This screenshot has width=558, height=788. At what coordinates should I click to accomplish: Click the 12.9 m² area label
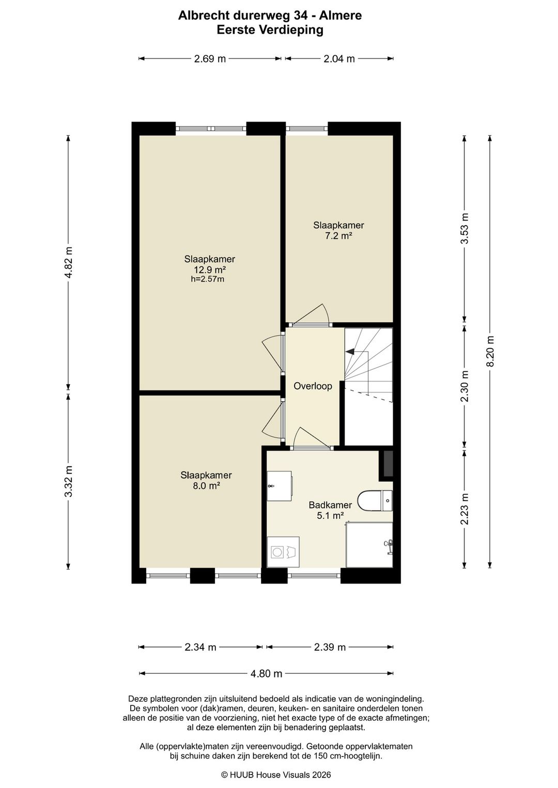(x=209, y=270)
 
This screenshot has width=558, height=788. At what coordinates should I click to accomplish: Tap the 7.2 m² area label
(x=338, y=235)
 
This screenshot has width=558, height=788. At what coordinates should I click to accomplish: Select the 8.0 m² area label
(x=206, y=486)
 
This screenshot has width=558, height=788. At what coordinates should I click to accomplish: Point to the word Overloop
(x=313, y=386)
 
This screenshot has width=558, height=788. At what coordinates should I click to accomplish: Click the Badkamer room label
(x=330, y=505)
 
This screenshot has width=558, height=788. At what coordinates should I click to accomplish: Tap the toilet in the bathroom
(x=375, y=500)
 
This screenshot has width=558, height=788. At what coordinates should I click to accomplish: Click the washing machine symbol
(x=283, y=552)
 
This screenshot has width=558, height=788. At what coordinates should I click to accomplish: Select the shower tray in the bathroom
(x=369, y=545)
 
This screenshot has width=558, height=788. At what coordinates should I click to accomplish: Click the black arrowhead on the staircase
(x=350, y=351)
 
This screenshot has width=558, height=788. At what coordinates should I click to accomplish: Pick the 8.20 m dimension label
(x=490, y=351)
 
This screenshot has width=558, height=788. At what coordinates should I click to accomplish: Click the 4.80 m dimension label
(x=266, y=674)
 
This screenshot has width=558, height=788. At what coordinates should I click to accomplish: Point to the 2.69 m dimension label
(x=210, y=59)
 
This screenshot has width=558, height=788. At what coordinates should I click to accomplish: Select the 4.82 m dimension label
(x=68, y=262)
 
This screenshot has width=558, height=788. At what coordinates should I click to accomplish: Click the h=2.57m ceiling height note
(x=208, y=279)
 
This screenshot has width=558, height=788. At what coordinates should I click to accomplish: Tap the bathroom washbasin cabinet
(x=279, y=486)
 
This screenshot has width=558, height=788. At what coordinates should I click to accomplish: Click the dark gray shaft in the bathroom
(x=388, y=464)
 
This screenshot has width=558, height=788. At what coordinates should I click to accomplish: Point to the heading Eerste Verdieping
(x=270, y=30)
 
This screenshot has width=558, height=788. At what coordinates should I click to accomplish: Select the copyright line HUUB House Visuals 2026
(x=276, y=775)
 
